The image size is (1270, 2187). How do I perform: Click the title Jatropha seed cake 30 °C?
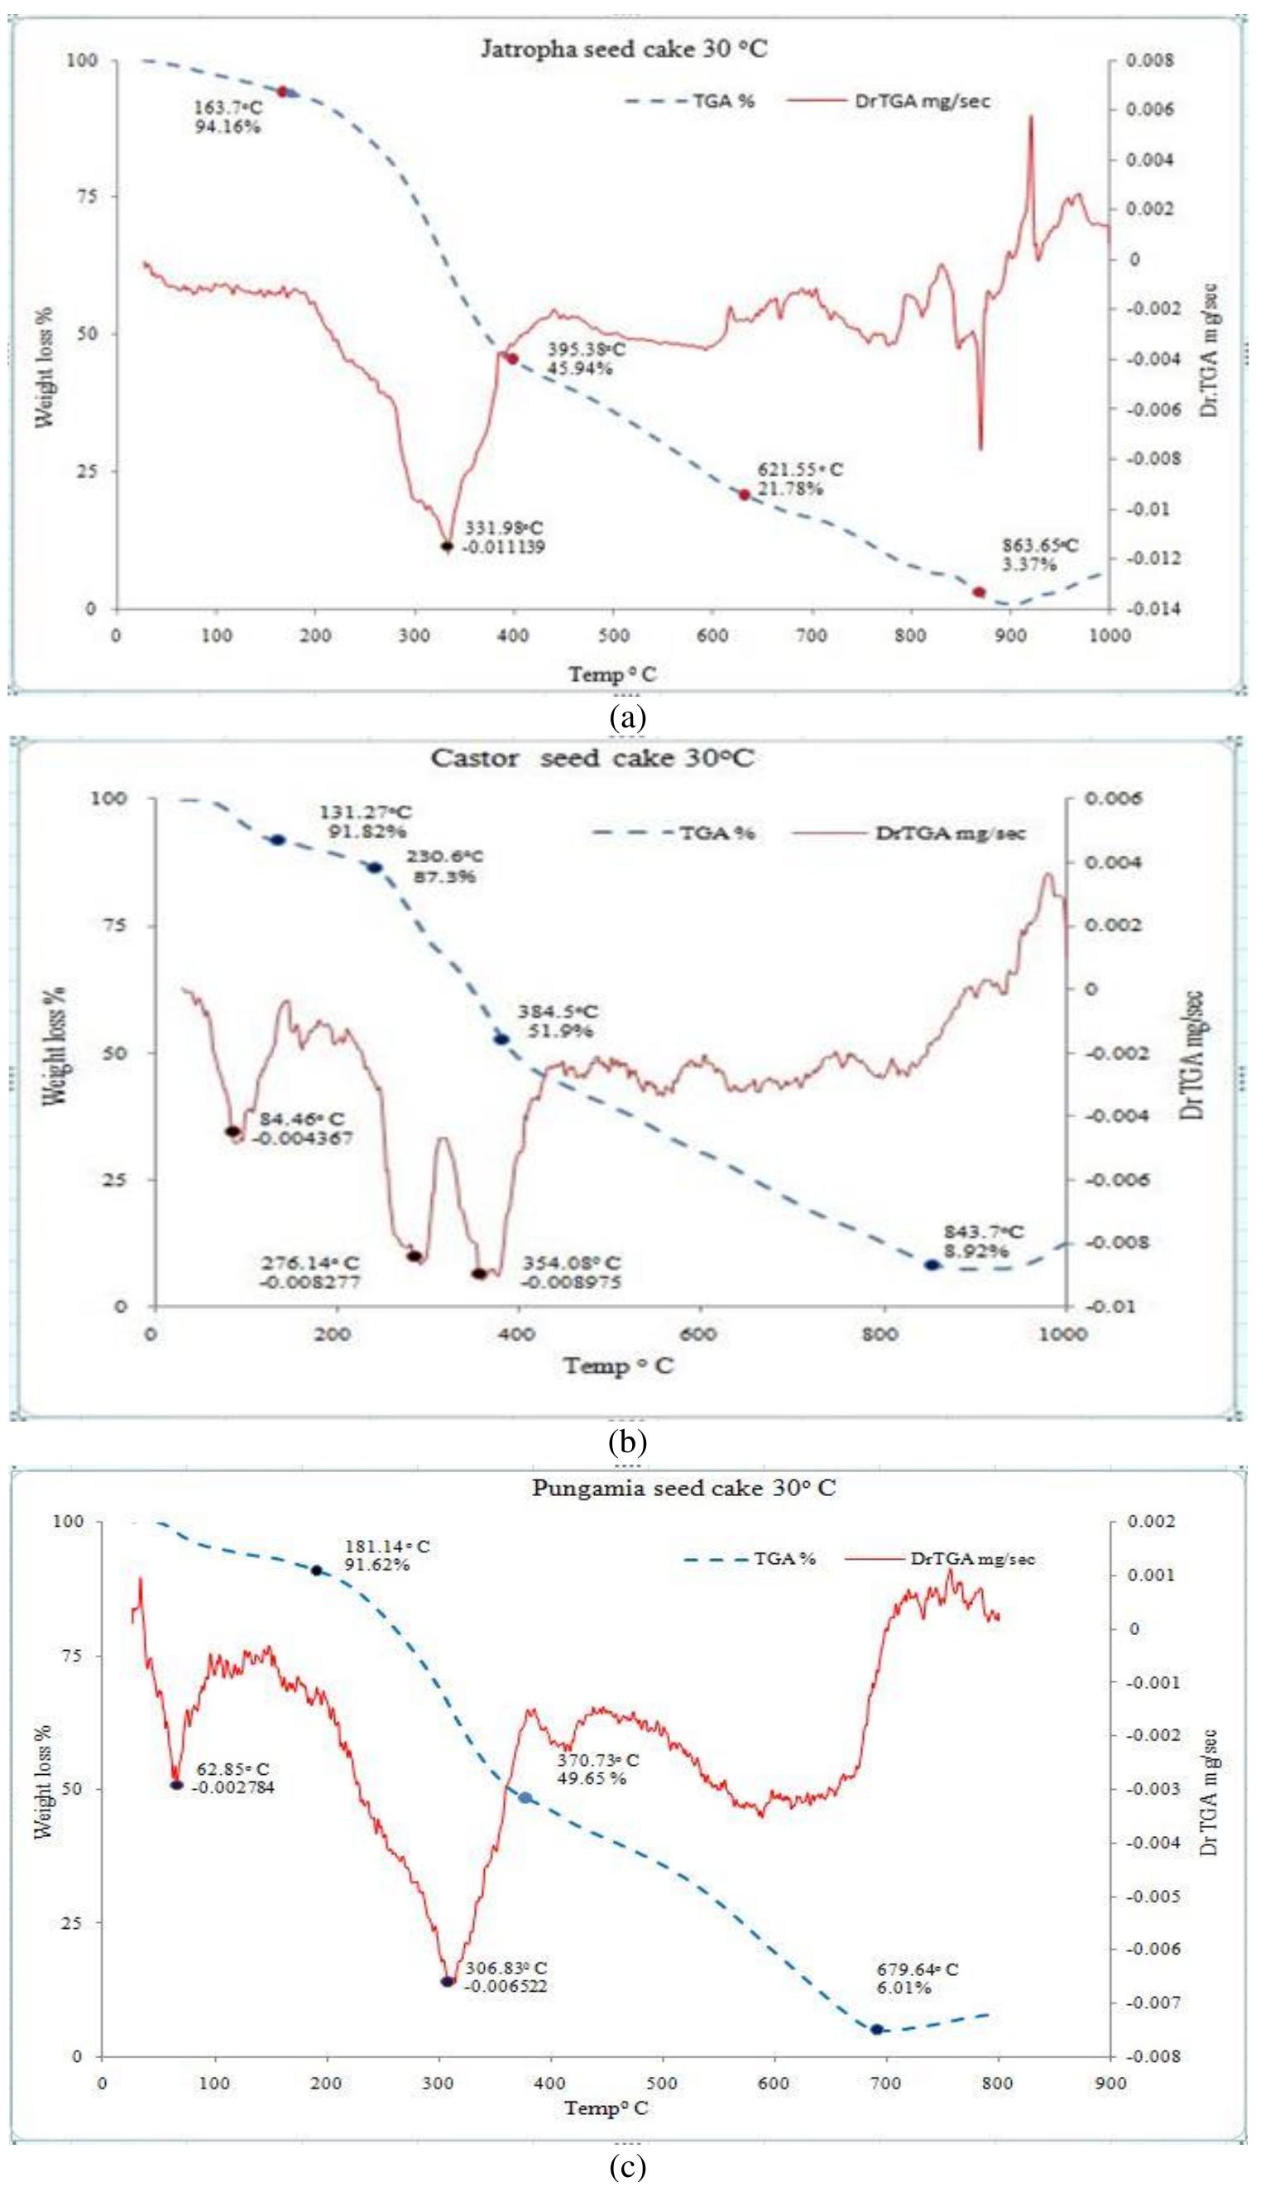624,49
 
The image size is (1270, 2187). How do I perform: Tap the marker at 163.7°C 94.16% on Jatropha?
282,91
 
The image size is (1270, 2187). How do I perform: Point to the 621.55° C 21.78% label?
800,479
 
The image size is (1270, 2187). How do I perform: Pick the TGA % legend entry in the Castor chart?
716,833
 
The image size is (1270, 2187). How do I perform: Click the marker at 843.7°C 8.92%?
931,1264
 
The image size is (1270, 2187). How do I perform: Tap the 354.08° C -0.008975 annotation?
570,1272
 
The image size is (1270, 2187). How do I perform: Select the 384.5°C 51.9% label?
558,1021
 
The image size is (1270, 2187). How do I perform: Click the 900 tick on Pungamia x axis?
1110,2076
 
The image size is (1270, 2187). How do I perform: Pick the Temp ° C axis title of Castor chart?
619,1366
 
